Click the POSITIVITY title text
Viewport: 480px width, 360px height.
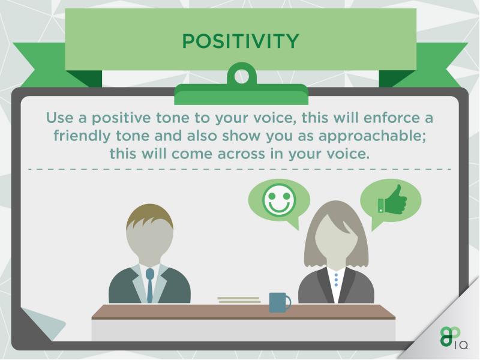[241, 41]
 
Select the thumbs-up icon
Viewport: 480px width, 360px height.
[392, 199]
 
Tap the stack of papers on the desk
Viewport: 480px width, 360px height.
[239, 300]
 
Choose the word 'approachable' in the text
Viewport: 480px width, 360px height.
[372, 136]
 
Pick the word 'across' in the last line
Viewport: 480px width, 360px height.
[241, 154]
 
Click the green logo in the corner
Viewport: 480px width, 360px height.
[451, 337]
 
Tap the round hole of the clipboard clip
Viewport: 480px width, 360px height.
[242, 76]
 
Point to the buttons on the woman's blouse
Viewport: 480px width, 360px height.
[337, 280]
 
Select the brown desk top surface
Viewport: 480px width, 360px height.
[244, 312]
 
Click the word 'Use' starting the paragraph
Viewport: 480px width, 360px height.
[59, 118]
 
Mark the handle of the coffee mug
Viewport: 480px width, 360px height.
[288, 302]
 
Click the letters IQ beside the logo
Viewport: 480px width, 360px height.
[461, 346]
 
